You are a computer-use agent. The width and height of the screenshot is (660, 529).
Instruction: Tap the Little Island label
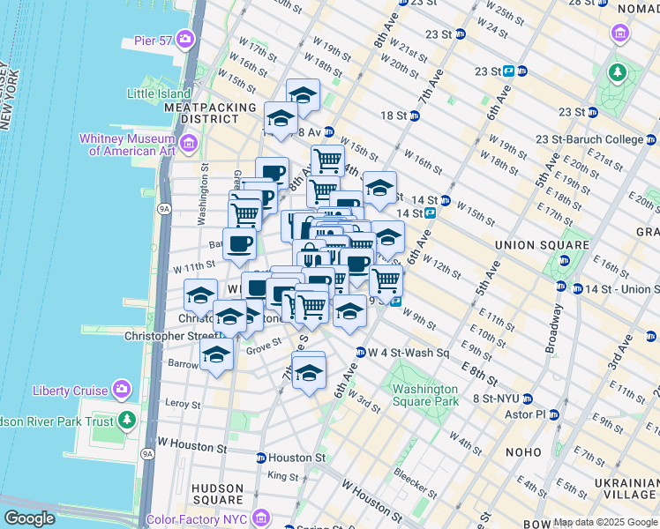tap(160, 93)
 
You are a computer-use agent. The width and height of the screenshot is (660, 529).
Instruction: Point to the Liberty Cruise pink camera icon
tap(121, 390)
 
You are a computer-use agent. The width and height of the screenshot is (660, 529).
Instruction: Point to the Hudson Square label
tap(217, 495)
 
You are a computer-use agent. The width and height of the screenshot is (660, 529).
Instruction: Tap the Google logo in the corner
tap(29, 518)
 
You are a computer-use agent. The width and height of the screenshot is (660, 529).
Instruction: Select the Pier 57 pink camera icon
tap(184, 39)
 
